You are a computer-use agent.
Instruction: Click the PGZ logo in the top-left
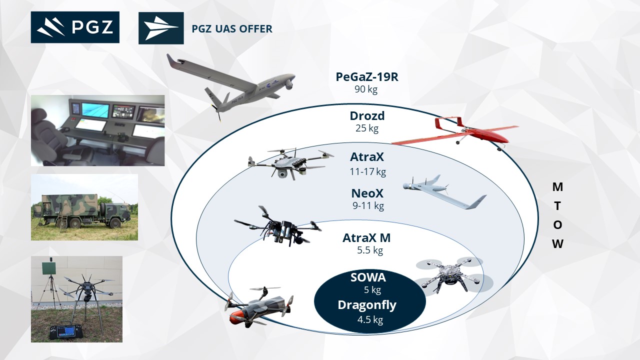(x=75, y=27)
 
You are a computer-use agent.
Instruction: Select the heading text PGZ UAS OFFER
(x=232, y=29)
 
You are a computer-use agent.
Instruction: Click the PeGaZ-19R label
(x=366, y=78)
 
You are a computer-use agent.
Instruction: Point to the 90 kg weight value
(x=366, y=90)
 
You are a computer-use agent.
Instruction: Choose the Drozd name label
(x=367, y=116)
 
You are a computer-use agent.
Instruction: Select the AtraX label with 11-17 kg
(x=367, y=157)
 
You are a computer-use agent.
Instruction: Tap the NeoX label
(x=367, y=193)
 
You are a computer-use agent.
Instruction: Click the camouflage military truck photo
(x=84, y=207)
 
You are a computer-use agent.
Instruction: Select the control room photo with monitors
(x=97, y=130)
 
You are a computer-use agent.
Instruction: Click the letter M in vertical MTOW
(x=557, y=187)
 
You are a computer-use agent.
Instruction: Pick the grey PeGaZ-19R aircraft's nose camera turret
(x=288, y=84)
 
